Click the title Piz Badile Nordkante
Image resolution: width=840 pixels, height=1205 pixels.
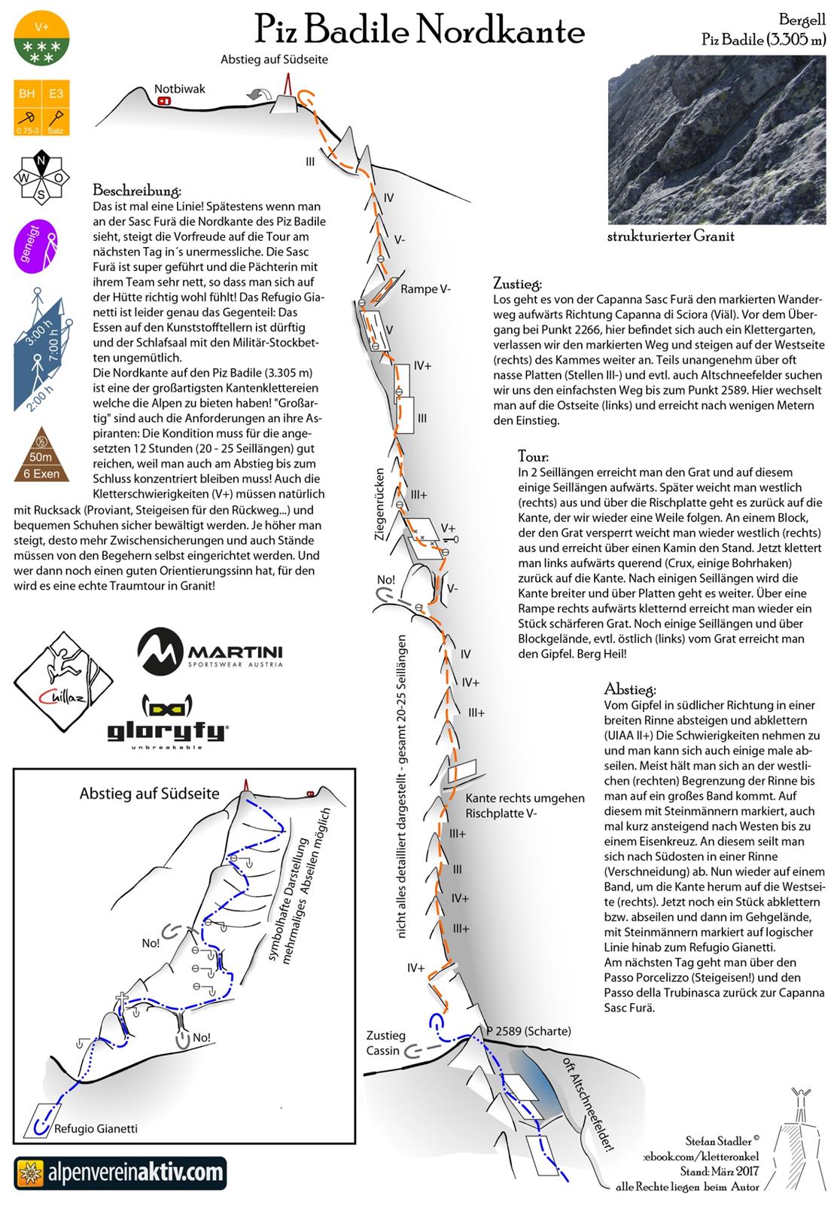click(x=419, y=31)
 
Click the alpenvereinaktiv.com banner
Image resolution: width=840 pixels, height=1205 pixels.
click(x=120, y=1173)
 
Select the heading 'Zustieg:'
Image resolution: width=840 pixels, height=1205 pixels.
click(x=517, y=284)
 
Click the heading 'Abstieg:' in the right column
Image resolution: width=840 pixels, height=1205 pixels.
click(x=630, y=689)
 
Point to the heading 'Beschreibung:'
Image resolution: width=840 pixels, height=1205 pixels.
click(x=137, y=190)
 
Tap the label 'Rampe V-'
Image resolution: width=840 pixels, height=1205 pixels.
click(x=425, y=288)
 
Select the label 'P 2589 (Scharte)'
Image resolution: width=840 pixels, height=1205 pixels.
click(x=528, y=1031)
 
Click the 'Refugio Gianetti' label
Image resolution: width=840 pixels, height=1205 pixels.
click(x=96, y=1128)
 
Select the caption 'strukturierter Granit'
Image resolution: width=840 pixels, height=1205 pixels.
click(x=671, y=236)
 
